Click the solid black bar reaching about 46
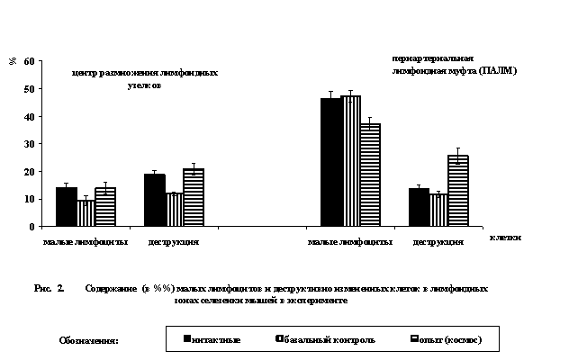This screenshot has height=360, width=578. [330, 162]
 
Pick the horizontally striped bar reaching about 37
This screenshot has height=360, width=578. [369, 175]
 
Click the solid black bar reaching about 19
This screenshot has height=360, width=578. [154, 200]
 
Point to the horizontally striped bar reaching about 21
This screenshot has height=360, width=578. [193, 197]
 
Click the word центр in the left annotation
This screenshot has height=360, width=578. [85, 73]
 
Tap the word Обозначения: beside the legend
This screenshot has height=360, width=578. [89, 340]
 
